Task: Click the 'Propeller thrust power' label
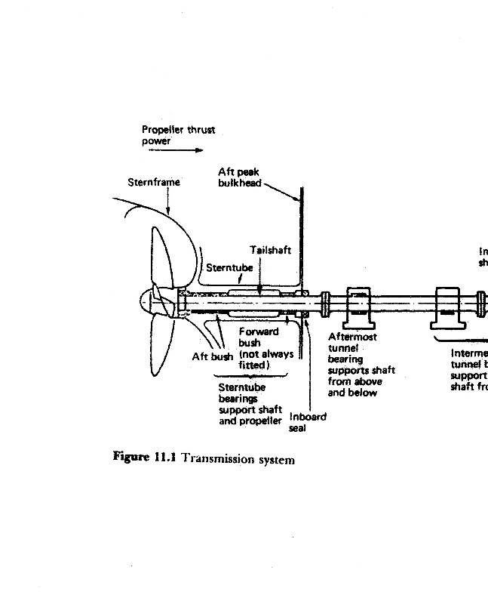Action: pyautogui.click(x=178, y=135)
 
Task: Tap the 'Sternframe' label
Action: pyautogui.click(x=153, y=182)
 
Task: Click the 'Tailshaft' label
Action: pyautogui.click(x=270, y=250)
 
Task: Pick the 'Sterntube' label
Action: pyautogui.click(x=229, y=267)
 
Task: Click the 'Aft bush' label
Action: pyautogui.click(x=213, y=356)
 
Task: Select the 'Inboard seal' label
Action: pyautogui.click(x=308, y=421)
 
